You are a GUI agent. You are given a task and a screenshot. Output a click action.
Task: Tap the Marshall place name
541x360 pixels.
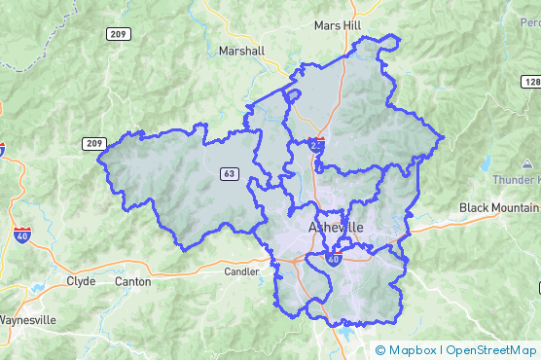tap(242, 51)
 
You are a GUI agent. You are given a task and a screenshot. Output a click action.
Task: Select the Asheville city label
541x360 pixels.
tap(335, 227)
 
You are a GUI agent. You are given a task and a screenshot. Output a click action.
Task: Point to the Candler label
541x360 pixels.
tap(241, 271)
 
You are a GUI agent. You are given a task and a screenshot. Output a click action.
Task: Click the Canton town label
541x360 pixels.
tap(132, 281)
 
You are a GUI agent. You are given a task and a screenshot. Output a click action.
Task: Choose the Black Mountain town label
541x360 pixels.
tap(498, 207)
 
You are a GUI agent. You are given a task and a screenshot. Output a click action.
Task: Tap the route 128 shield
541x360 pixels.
tap(530, 83)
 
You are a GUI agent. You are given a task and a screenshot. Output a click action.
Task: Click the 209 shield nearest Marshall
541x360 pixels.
tap(119, 33)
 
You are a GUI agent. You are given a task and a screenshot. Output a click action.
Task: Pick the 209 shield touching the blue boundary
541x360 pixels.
tap(94, 144)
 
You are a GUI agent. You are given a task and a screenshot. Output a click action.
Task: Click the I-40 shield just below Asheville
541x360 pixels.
tap(334, 260)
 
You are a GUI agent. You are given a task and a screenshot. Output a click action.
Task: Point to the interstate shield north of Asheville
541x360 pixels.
tap(318, 143)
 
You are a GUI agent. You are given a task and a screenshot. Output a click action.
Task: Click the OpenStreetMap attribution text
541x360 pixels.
tap(491, 350)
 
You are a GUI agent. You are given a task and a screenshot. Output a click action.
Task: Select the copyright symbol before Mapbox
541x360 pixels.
tap(380, 350)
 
